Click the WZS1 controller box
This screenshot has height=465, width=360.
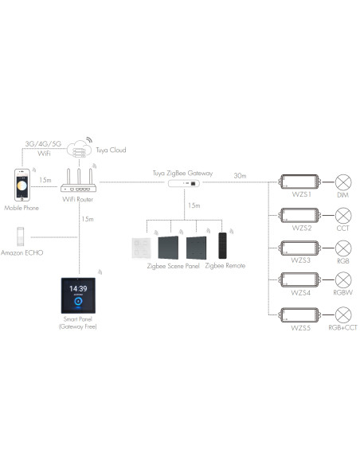point(299,183)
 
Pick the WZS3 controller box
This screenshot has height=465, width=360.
point(299,248)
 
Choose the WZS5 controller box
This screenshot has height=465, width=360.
point(299,314)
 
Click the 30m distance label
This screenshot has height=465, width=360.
point(239,175)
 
